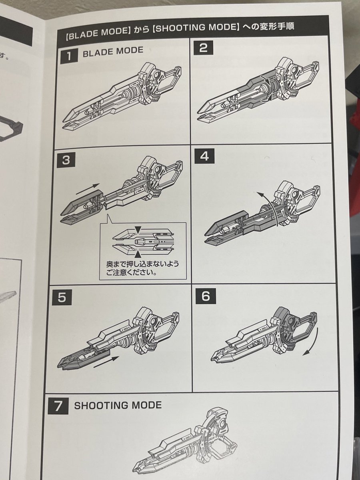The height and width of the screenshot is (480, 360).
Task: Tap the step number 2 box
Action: tap(203, 48)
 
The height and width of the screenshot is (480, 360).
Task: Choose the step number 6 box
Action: tap(205, 296)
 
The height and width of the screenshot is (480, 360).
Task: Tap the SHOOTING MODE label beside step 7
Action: tap(118, 405)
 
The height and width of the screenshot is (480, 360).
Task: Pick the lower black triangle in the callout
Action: tap(138, 253)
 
